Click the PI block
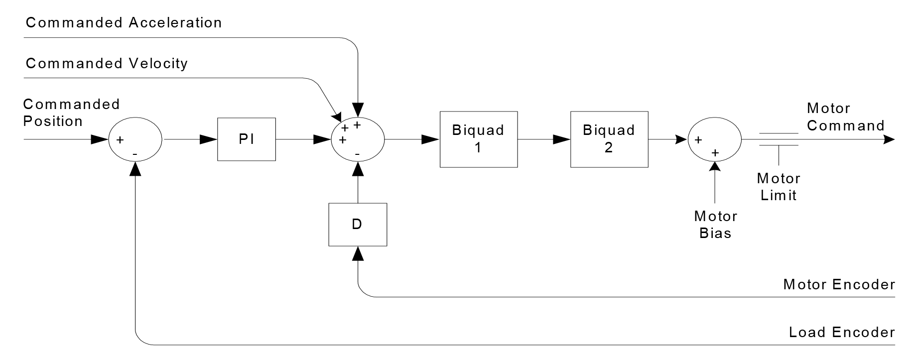coord(246,139)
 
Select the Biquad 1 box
coord(478,139)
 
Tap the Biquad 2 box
coord(609,139)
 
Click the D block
coord(357,225)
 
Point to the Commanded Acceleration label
coord(124,23)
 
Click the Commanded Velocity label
coord(107,64)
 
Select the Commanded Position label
coord(71,113)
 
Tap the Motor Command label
coord(845,117)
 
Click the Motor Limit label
coord(778,187)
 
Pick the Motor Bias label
coord(715,225)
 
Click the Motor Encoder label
coord(839,285)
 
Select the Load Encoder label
coord(841,333)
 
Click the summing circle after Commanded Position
coord(135,139)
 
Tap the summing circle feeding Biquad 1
coord(358,139)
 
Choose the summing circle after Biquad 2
coord(714,139)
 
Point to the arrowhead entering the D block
coord(358,254)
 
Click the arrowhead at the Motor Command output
coord(889,140)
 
